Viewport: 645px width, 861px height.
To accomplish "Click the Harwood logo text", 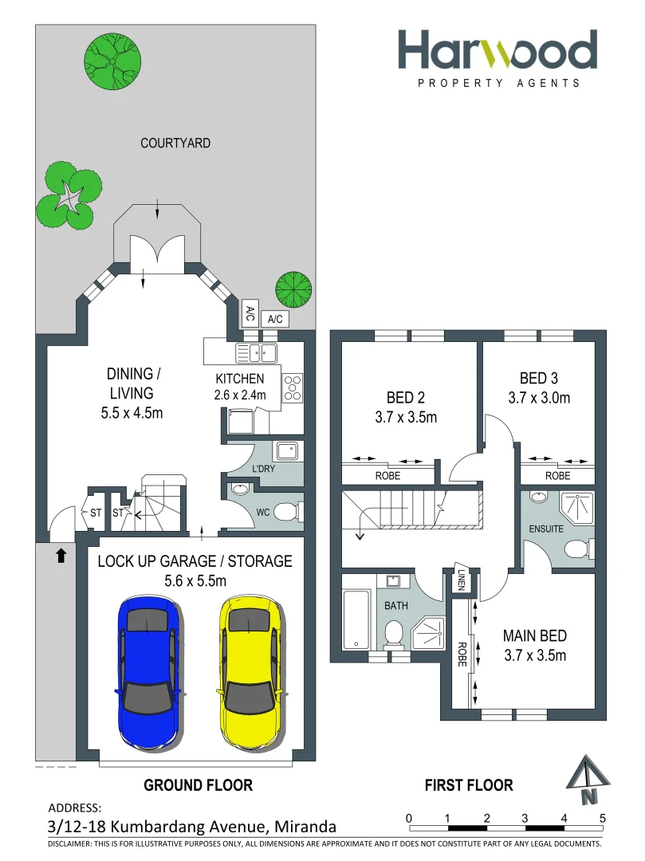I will coord(498,51).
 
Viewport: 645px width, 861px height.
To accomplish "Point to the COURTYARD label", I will coord(175,143).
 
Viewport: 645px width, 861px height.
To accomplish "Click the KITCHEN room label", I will coord(239,379).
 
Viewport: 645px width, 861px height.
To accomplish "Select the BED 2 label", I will coord(400,398).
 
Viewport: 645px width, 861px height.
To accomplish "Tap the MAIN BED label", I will coord(534,636).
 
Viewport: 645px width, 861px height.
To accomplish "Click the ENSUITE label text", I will coord(545,529).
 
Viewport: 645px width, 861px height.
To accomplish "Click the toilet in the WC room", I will coord(287,512).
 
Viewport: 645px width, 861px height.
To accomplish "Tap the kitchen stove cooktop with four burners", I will coord(293,387).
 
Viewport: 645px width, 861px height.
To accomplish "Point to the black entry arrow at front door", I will coord(61,556).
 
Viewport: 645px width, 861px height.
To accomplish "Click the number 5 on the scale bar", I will coord(602,818).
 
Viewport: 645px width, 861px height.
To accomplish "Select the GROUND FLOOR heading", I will coord(198,785).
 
